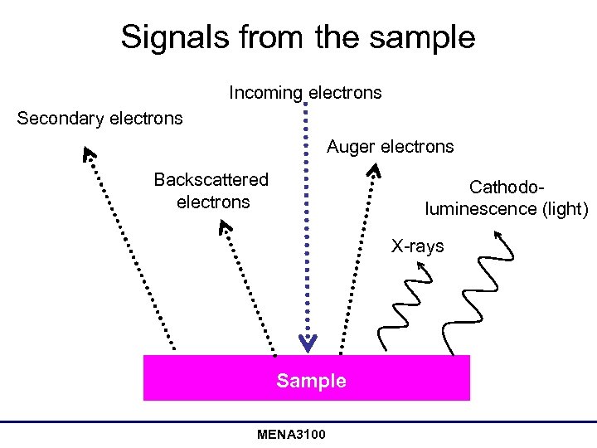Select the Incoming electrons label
305,92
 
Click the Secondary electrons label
99,119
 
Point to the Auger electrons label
390,147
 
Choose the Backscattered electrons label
212,191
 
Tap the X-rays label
418,246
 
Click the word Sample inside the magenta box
311,381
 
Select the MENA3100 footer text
291,435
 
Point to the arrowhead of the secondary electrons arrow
88,153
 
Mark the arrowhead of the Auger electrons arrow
375,171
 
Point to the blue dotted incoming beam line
307,216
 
